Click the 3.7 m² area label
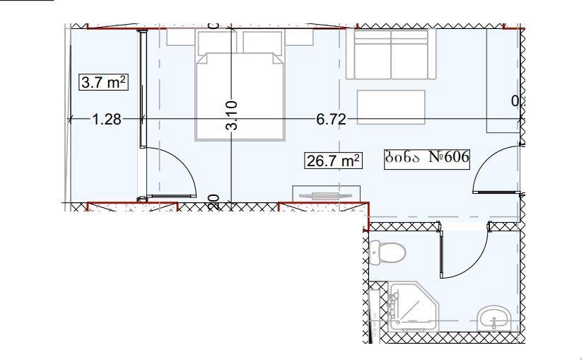103,82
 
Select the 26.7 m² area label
333,161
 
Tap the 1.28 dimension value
107,119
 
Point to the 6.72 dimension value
331,119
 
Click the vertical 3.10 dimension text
232,115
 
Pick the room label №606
427,157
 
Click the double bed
240,95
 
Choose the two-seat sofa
391,54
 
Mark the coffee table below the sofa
391,107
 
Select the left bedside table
180,37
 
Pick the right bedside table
299,37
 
